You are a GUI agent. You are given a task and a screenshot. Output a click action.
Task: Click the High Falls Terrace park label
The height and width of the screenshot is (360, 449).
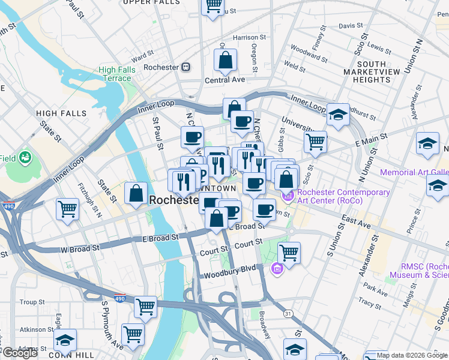pos(116,74)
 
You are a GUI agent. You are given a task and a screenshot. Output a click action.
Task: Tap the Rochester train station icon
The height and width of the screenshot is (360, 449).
pos(187,67)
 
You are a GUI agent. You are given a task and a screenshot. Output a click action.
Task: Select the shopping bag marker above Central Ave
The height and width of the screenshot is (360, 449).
pos(225,60)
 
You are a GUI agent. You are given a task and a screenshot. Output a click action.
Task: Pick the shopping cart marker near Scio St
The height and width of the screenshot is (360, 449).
pos(315,142)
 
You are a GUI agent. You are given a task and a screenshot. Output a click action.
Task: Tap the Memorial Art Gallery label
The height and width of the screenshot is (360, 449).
pos(414,172)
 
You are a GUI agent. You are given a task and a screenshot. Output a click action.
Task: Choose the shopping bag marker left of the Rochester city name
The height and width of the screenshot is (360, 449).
pos(136,194)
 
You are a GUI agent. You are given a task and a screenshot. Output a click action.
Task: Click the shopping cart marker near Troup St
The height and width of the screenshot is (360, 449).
pos(145,307)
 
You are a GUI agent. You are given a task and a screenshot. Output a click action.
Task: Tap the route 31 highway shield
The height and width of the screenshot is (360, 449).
pos(288,314)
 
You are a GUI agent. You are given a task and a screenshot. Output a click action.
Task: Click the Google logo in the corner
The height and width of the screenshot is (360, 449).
pos(20,353)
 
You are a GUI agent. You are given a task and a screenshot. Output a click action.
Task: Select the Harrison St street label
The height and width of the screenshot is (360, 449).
pos(245,37)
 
